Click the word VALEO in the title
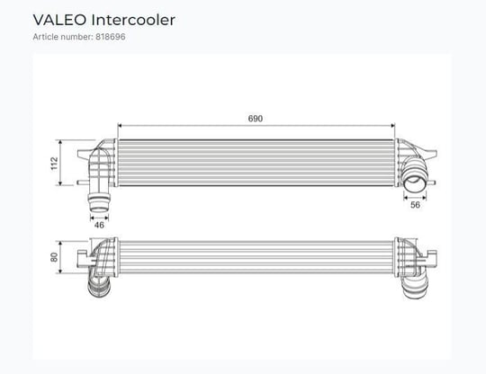(59, 20)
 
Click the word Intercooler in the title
(133, 20)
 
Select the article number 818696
(111, 37)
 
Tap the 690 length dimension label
(256, 119)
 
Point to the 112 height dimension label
(54, 163)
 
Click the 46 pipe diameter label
(99, 225)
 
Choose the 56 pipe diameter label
(415, 205)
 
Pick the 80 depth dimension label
(54, 257)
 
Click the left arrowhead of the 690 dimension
(121, 126)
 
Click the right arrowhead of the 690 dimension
(392, 126)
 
